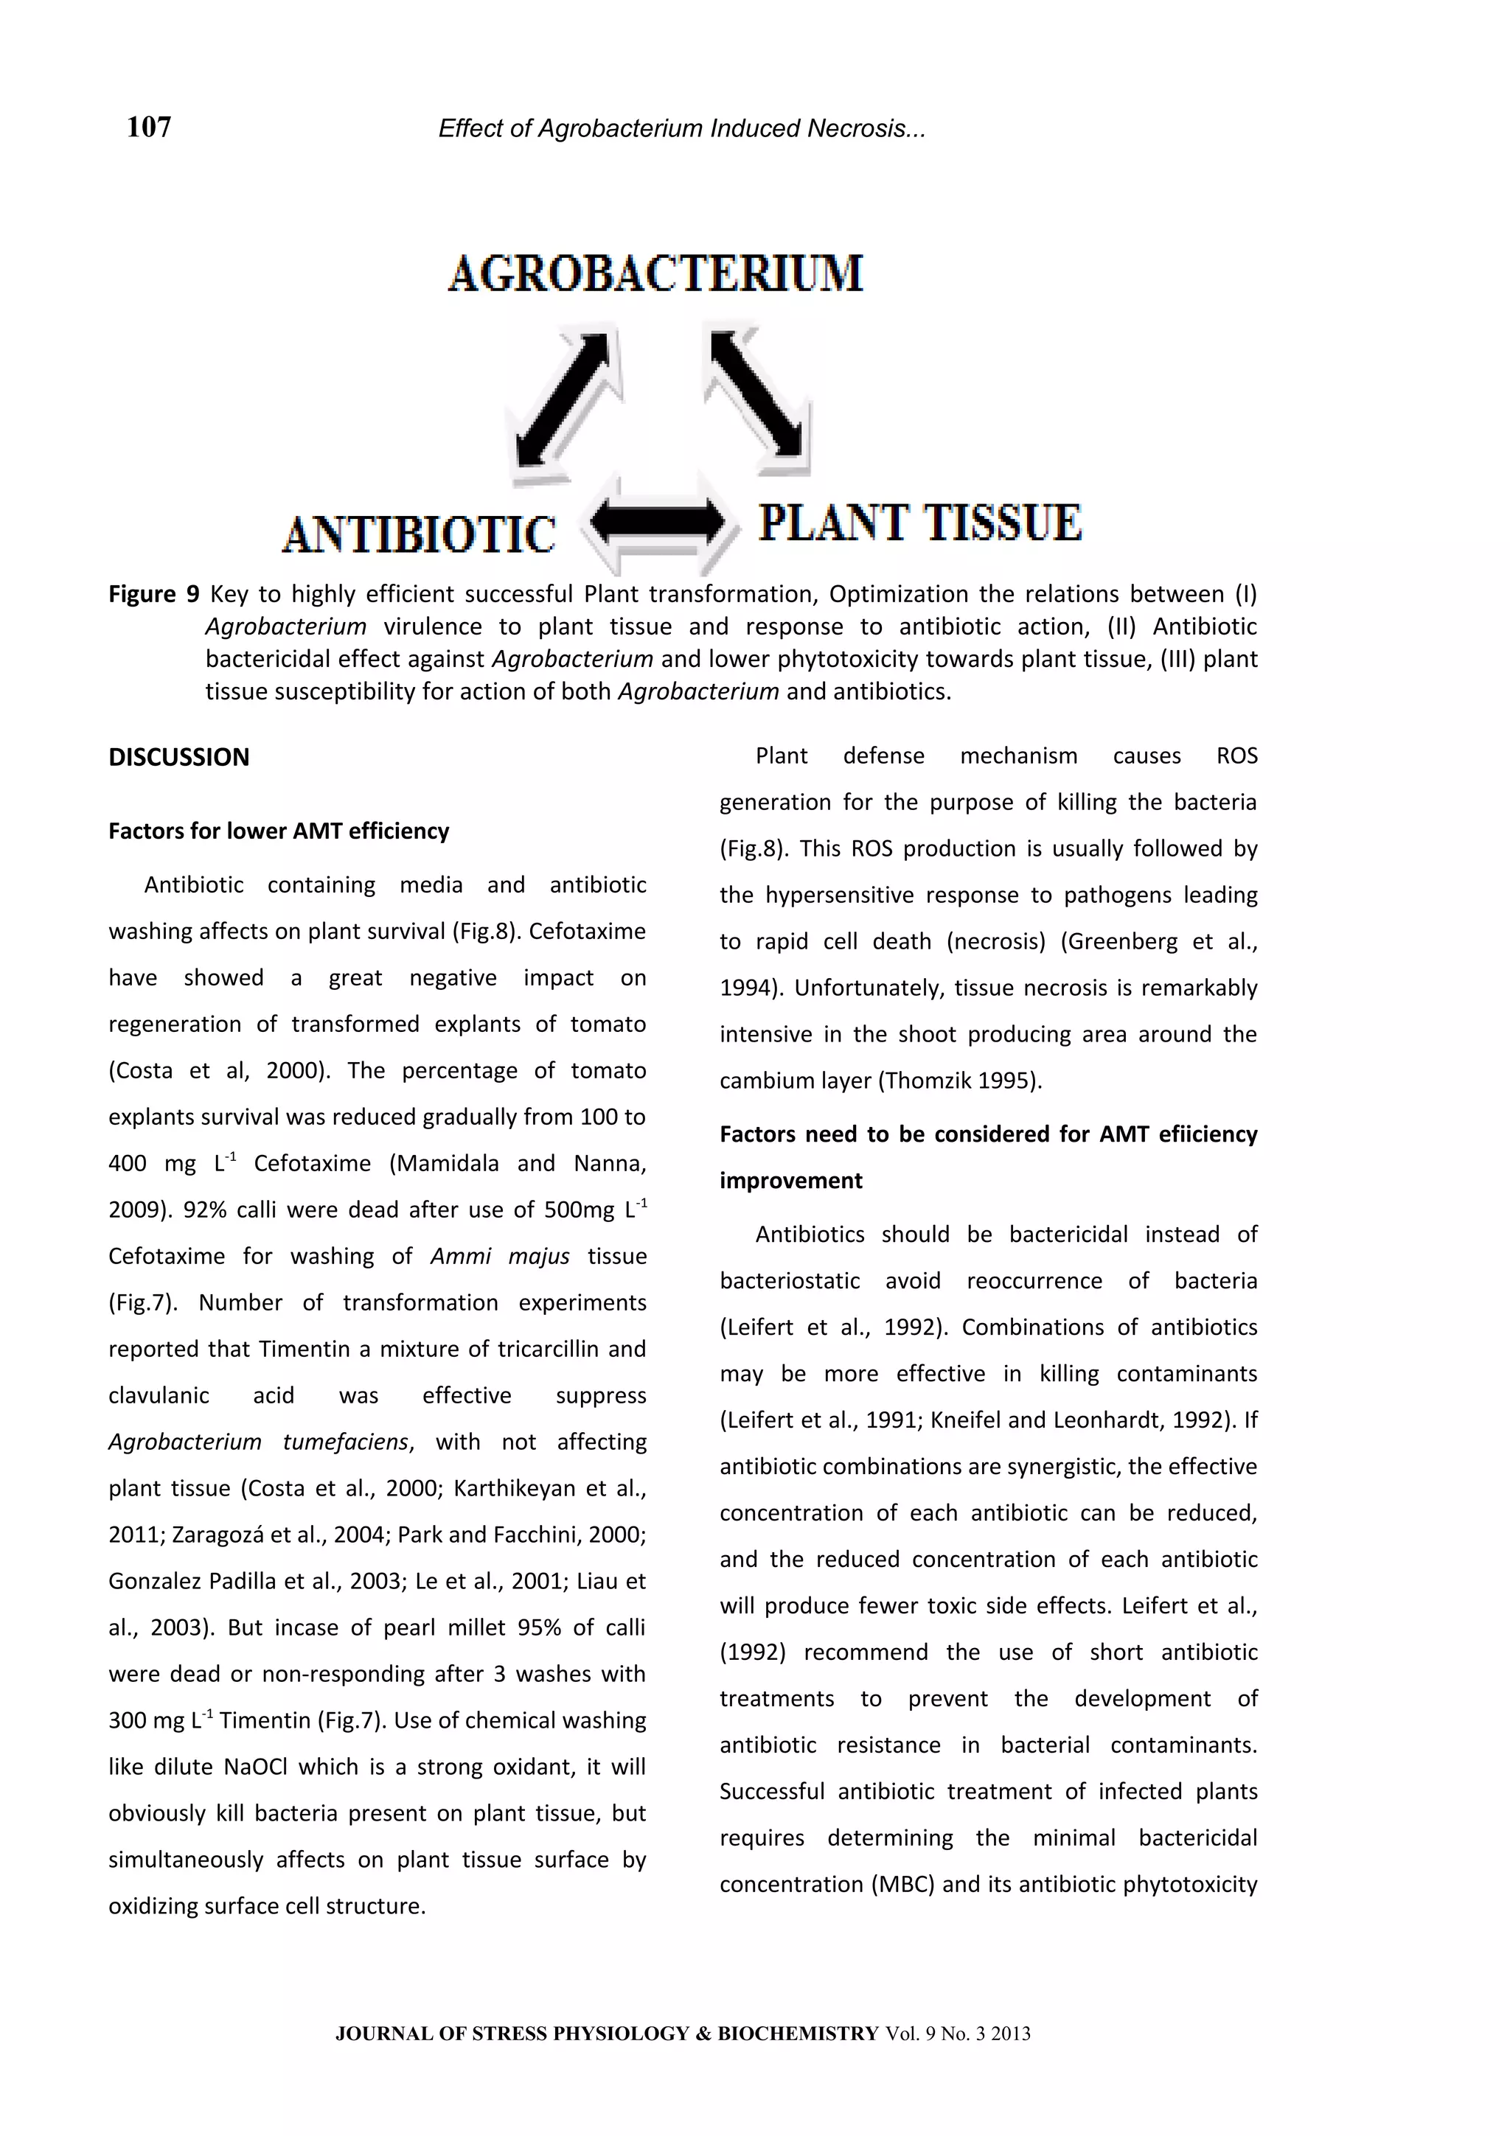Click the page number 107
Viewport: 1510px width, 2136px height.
[x=149, y=127]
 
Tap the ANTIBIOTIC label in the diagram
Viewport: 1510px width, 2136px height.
[x=419, y=535]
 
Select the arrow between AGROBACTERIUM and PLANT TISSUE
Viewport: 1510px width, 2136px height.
[x=756, y=394]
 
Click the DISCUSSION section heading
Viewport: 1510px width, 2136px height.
[x=178, y=757]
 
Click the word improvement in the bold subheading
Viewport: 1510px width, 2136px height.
[x=791, y=1181]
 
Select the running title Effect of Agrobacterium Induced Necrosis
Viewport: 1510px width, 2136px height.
[x=681, y=128]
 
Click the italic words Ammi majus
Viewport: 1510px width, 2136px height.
[x=500, y=1256]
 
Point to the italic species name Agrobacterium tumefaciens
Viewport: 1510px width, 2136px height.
[x=258, y=1442]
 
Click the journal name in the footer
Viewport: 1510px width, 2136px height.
[x=607, y=2033]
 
